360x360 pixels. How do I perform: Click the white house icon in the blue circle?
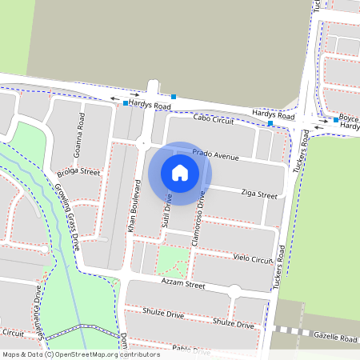[x=180, y=172]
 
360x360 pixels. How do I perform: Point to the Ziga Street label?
[x=258, y=194]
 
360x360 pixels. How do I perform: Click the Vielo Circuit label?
[x=253, y=260]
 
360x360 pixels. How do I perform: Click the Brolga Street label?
[x=78, y=172]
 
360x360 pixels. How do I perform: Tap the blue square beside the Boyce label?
[x=336, y=120]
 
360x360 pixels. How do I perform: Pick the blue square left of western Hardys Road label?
[x=126, y=103]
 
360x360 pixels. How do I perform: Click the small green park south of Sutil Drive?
[x=174, y=261]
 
